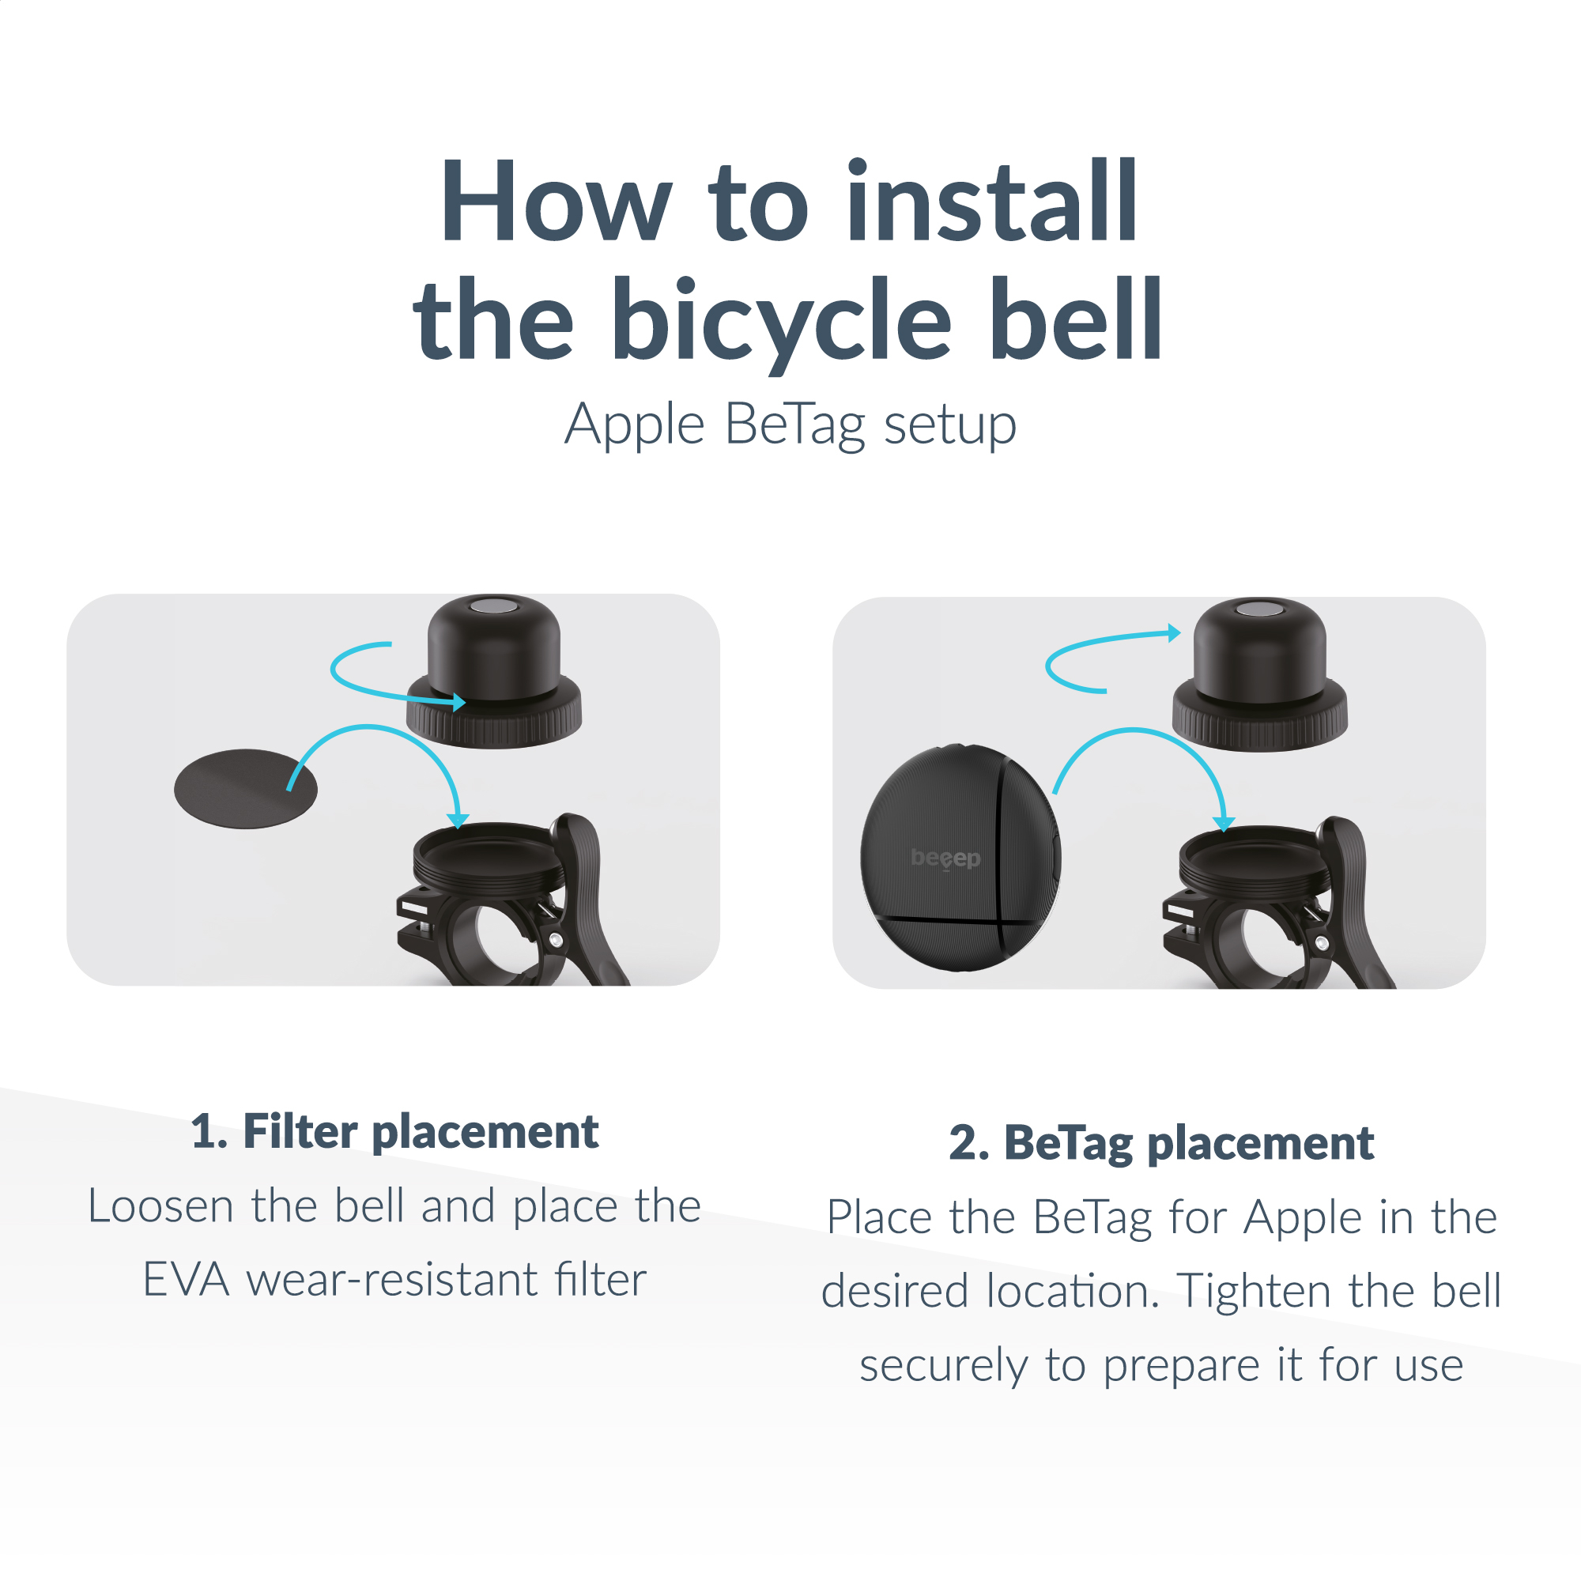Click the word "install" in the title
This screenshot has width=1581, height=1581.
pyautogui.click(x=991, y=201)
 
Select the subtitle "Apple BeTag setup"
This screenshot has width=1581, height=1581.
pyautogui.click(x=790, y=425)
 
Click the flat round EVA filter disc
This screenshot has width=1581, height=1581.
pyautogui.click(x=246, y=789)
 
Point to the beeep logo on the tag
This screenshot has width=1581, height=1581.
pyautogui.click(x=945, y=858)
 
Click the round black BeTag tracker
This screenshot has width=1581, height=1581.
pyautogui.click(x=960, y=858)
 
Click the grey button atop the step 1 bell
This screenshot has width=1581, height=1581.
pyautogui.click(x=493, y=606)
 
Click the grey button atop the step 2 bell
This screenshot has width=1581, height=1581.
pyautogui.click(x=1259, y=609)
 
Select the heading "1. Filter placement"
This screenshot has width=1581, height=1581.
pyautogui.click(x=394, y=1133)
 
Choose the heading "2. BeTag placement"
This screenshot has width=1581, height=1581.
pyautogui.click(x=1161, y=1143)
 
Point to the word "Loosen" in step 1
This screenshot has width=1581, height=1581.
pyautogui.click(x=160, y=1206)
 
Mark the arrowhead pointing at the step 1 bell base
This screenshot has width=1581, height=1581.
pyautogui.click(x=458, y=820)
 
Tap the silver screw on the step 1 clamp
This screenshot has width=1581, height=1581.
pyautogui.click(x=557, y=939)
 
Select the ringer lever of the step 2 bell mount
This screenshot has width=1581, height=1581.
pyautogui.click(x=1354, y=900)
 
